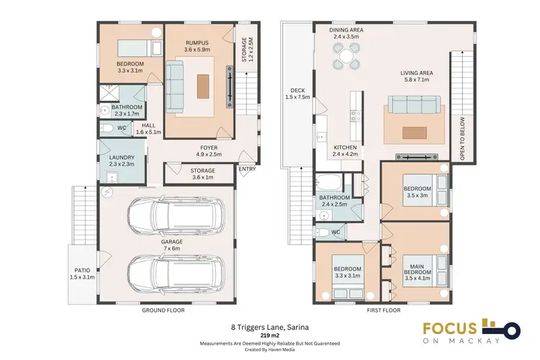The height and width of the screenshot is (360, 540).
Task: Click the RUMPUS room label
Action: [196, 41]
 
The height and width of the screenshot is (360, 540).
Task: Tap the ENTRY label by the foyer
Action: [247, 170]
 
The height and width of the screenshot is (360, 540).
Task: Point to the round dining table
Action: [346, 55]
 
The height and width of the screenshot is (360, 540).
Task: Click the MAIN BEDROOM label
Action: [417, 269]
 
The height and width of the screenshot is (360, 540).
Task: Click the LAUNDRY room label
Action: [118, 158]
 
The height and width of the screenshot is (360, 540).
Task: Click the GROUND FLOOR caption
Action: [163, 310]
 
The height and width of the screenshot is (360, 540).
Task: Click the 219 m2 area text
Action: [270, 334]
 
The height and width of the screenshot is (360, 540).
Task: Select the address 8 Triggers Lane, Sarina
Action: [270, 325]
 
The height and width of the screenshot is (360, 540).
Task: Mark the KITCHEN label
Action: [345, 147]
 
